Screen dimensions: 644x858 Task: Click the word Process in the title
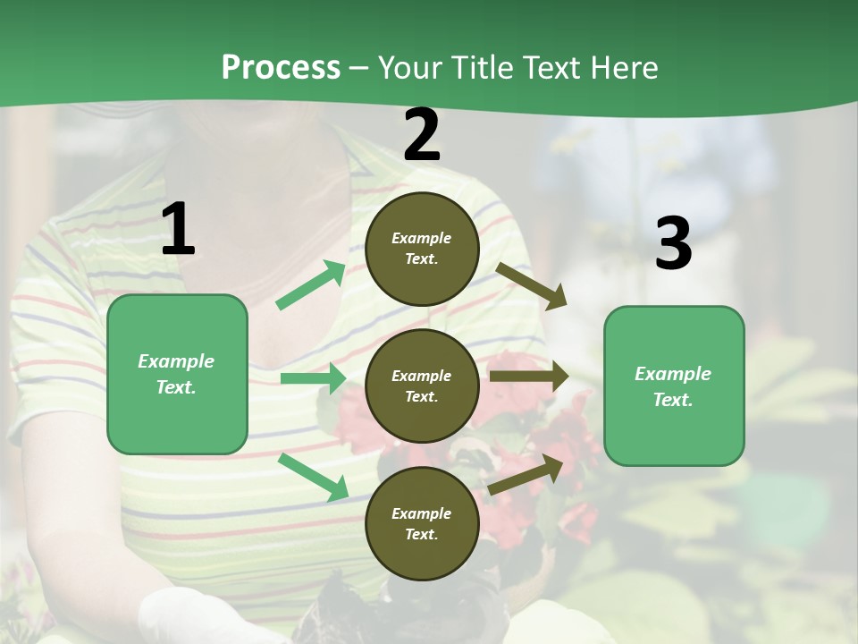[x=281, y=68]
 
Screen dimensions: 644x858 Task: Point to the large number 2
[x=422, y=135]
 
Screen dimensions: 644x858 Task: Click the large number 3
[x=673, y=244]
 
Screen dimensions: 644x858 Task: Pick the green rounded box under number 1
[x=177, y=374]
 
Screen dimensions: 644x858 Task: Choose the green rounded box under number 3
[x=674, y=386]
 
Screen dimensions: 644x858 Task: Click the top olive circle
[x=422, y=249]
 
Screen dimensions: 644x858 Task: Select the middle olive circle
[x=422, y=386]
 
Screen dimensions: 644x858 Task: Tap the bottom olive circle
[x=422, y=523]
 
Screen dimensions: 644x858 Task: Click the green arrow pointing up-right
[x=311, y=285]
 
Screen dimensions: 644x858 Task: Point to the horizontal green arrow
[x=313, y=378]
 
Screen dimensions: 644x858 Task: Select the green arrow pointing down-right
[x=314, y=477]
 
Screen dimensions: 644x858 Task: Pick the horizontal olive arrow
[x=528, y=377]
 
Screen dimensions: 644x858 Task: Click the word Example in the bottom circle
[x=422, y=513]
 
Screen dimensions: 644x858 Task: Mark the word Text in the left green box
[x=175, y=387]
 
